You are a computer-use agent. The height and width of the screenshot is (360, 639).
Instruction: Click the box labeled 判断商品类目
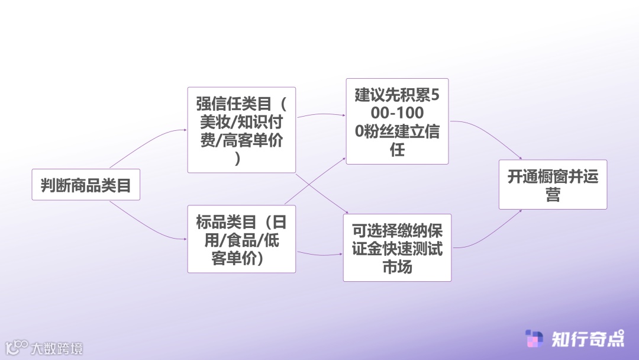click(x=86, y=185)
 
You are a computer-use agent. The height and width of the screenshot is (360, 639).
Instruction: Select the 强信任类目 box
click(x=241, y=130)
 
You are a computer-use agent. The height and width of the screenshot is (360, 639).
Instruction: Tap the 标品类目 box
click(x=241, y=239)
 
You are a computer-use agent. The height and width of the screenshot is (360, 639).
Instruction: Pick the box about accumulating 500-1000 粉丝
click(x=397, y=121)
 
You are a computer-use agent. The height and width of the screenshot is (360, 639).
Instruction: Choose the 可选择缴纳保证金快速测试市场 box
click(x=397, y=247)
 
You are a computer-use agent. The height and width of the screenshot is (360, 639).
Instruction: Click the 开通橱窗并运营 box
click(x=553, y=184)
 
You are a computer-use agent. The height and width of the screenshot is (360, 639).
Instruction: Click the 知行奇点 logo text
click(x=588, y=339)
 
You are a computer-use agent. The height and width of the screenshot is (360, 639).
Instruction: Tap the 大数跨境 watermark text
click(x=57, y=348)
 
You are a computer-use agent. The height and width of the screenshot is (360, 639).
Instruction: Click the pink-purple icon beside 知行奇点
click(x=535, y=339)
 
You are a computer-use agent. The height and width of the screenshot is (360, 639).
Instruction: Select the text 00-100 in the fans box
click(x=397, y=112)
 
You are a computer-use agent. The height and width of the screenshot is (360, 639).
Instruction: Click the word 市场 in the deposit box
click(x=397, y=266)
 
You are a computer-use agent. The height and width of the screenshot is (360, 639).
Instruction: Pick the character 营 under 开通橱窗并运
click(x=553, y=195)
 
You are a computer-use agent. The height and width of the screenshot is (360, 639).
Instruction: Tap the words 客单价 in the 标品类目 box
click(x=234, y=258)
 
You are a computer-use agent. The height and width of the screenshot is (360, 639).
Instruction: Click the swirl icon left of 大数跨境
click(x=17, y=347)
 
